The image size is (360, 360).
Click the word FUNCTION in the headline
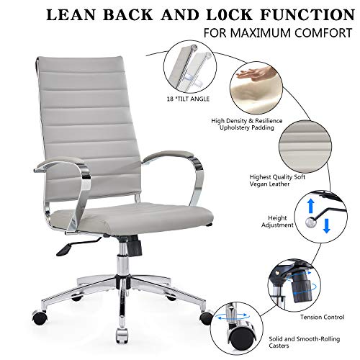[307, 15]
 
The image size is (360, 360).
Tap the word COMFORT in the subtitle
[323, 33]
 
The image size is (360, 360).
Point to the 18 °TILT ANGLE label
[188, 99]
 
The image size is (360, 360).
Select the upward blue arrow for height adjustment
[311, 206]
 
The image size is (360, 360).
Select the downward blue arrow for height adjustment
[326, 225]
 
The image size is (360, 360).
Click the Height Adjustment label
[277, 222]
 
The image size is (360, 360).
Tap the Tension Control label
[322, 317]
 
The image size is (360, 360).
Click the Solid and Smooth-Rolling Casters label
[305, 342]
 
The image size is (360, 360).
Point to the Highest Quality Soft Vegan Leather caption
[277, 181]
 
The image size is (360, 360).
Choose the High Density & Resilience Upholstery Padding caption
[247, 124]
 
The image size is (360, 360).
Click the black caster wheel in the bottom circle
[241, 338]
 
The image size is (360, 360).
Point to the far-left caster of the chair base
[40, 317]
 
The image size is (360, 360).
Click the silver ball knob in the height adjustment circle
[310, 222]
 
